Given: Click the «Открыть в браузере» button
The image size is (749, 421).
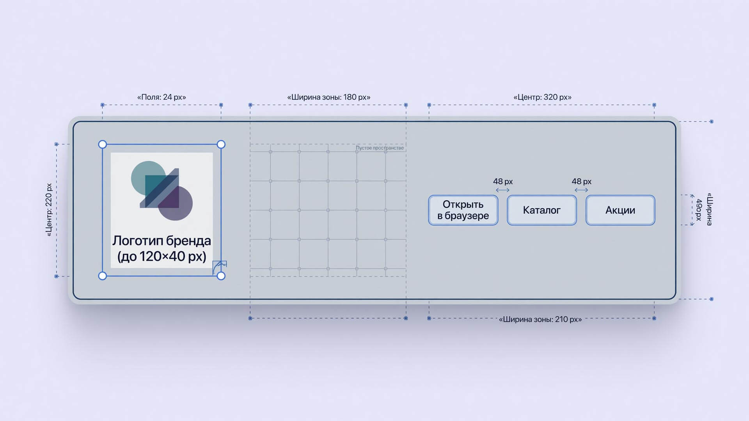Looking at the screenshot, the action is (463, 210).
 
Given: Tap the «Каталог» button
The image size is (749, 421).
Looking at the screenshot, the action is (542, 210).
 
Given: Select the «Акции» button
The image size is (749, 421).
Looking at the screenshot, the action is (620, 210).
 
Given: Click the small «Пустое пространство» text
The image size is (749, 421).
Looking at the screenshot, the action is (380, 148).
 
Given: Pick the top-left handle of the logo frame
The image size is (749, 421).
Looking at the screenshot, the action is (103, 145).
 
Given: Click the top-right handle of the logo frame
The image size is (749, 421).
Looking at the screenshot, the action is (221, 145).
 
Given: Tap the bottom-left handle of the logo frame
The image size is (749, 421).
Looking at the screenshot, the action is (103, 276).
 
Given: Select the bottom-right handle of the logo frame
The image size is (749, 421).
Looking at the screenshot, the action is (221, 276).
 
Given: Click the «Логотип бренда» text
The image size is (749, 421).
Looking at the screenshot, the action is (162, 241).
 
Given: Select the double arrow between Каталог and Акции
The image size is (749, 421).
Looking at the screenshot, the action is (581, 190).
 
